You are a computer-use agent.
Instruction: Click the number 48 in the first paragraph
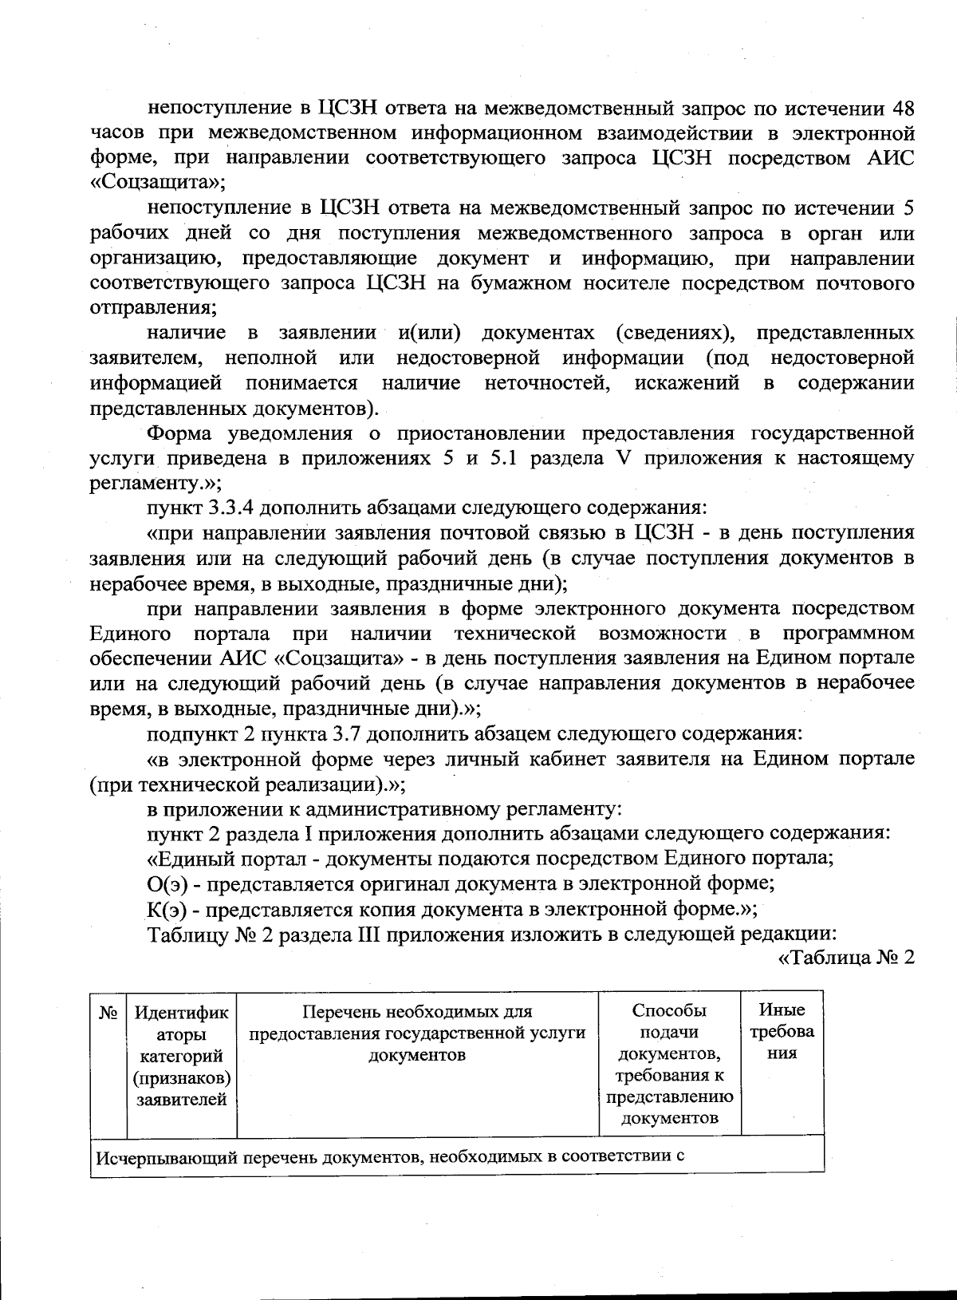tap(901, 108)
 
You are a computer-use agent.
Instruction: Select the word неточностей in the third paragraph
tap(548, 383)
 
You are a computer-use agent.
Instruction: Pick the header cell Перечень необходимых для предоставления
tap(417, 1033)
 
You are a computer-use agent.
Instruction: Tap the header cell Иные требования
tap(782, 1032)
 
